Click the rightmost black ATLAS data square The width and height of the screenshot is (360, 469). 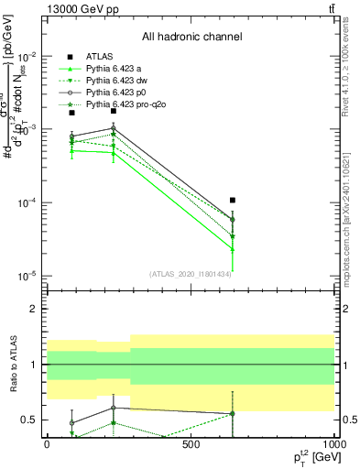click(233, 200)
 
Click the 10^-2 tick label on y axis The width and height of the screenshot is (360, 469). click(29, 56)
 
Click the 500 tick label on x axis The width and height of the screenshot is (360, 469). click(191, 445)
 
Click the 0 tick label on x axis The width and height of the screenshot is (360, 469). click(47, 445)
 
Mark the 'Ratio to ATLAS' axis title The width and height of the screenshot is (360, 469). click(11, 364)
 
